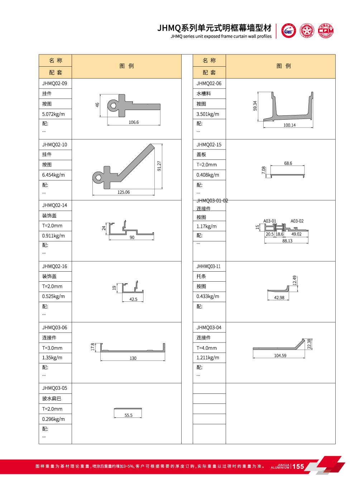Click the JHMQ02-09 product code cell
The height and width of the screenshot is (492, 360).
tap(55, 83)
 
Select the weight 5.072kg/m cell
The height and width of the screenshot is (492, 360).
tap(54, 114)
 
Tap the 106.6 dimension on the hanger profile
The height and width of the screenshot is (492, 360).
tap(134, 123)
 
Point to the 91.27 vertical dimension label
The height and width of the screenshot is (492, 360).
tap(159, 166)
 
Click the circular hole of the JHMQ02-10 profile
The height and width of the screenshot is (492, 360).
tap(98, 177)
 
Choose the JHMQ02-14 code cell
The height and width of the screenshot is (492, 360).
tap(55, 205)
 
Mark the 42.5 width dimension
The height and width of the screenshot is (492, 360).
tap(133, 300)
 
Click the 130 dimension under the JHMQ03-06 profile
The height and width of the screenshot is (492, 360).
tap(133, 358)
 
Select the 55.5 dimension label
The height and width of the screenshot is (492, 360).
tap(128, 416)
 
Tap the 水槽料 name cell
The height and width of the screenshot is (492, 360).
tap(204, 94)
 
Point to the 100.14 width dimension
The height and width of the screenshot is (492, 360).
tap(289, 125)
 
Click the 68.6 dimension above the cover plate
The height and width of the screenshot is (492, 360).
tap(288, 163)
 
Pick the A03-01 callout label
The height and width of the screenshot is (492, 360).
tap(270, 221)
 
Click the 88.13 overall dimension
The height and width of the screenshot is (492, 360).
tap(287, 241)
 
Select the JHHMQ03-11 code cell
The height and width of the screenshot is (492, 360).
tap(208, 267)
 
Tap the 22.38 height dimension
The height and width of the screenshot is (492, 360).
tap(309, 344)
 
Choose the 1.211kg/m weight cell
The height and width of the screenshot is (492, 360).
tap(208, 358)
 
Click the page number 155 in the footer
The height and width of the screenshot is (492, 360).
tap(298, 467)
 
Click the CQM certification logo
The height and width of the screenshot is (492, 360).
tap(326, 31)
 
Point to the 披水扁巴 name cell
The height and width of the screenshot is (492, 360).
tap(52, 398)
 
